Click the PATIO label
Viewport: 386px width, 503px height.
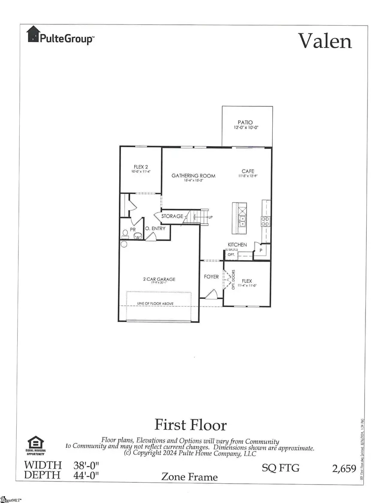click(x=247, y=123)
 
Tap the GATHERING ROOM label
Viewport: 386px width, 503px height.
click(x=193, y=176)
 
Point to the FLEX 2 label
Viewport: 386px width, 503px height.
click(x=141, y=167)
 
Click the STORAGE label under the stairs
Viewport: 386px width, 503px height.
click(x=172, y=216)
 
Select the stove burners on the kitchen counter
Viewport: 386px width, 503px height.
click(x=265, y=221)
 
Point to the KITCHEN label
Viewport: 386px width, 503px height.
click(x=237, y=244)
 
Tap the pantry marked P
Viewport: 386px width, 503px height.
click(x=260, y=250)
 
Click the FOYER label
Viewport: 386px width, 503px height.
click(x=211, y=277)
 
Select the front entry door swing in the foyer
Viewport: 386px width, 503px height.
click(x=211, y=295)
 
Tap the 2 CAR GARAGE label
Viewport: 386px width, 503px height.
click(x=159, y=280)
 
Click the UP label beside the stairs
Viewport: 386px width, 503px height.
click(x=210, y=217)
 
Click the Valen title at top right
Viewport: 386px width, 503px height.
click(x=325, y=41)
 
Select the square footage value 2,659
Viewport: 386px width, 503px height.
click(x=344, y=468)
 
